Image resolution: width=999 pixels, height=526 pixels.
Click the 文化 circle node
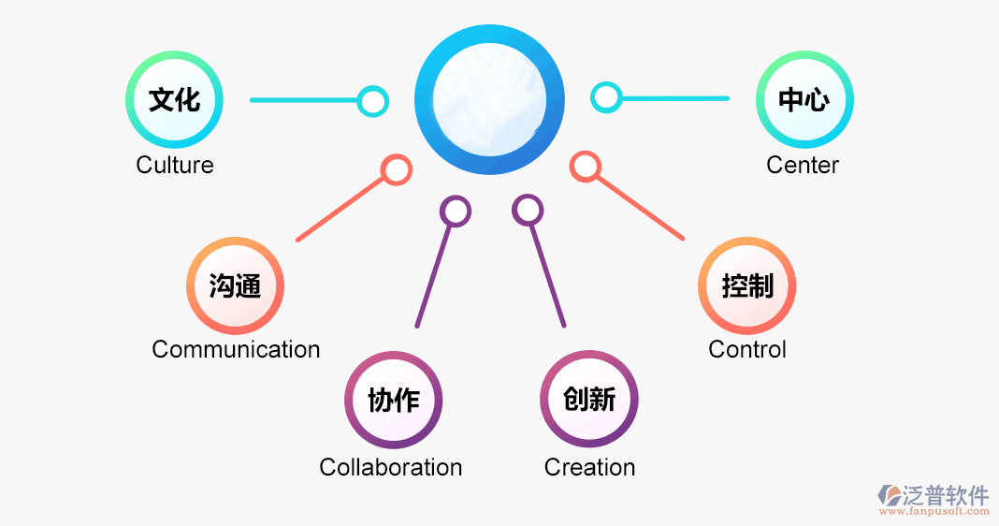click(x=175, y=99)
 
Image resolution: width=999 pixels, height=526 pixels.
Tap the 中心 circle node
click(x=804, y=99)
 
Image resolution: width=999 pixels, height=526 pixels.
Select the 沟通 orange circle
click(x=235, y=285)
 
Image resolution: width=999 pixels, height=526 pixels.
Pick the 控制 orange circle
click(x=747, y=285)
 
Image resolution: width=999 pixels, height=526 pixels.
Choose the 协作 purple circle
click(x=393, y=401)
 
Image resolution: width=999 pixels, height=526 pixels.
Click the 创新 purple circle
click(x=589, y=401)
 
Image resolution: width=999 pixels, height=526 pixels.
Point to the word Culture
click(x=175, y=166)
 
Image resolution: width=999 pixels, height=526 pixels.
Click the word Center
click(x=803, y=166)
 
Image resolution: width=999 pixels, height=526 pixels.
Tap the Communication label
click(x=236, y=350)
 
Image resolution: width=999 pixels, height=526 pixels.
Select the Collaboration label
click(x=391, y=467)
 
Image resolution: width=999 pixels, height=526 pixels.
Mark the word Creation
click(x=589, y=467)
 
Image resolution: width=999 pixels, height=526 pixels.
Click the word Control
click(x=747, y=350)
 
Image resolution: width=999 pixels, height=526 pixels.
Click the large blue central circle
click(x=490, y=100)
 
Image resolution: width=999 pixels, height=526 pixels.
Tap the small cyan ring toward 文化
click(x=373, y=101)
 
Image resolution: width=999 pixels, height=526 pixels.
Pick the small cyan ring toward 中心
click(x=606, y=96)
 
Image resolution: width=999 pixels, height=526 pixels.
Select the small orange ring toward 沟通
click(x=397, y=169)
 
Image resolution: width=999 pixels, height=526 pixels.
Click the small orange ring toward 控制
click(x=585, y=167)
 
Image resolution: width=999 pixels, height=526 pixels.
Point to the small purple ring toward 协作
click(x=456, y=211)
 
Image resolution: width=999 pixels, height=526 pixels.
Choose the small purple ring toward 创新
click(x=528, y=210)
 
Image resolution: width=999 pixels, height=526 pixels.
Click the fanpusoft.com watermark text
click(x=935, y=512)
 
